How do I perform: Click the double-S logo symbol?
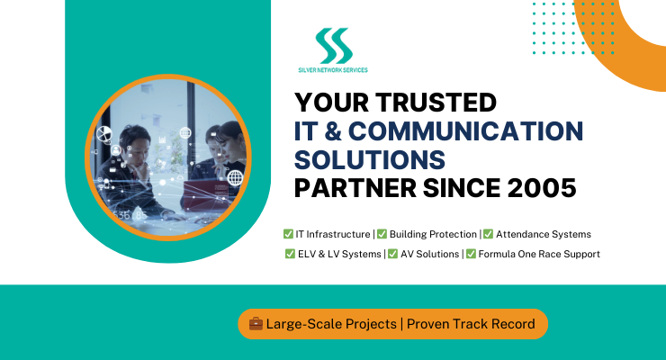pyautogui.click(x=334, y=45)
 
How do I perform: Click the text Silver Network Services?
pyautogui.click(x=333, y=70)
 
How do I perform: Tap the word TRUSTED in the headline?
pyautogui.click(x=436, y=103)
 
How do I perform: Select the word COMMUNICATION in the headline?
pyautogui.click(x=466, y=130)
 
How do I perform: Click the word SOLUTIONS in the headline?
pyautogui.click(x=370, y=159)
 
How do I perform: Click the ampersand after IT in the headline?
pyautogui.click(x=333, y=130)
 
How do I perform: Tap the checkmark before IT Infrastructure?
pyautogui.click(x=288, y=234)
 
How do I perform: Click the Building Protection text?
pyautogui.click(x=433, y=234)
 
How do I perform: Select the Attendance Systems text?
pyautogui.click(x=544, y=234)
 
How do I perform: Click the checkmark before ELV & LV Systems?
pyautogui.click(x=290, y=254)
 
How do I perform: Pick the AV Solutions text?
pyautogui.click(x=430, y=254)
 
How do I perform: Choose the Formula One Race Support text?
pyautogui.click(x=539, y=254)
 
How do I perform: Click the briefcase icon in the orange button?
pyautogui.click(x=256, y=323)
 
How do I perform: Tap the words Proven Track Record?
pyautogui.click(x=471, y=324)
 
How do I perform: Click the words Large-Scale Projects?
pyautogui.click(x=331, y=324)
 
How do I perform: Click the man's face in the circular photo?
pyautogui.click(x=138, y=150)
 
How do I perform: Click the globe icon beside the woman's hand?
pyautogui.click(x=235, y=177)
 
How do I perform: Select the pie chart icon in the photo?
pyautogui.click(x=103, y=134)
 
